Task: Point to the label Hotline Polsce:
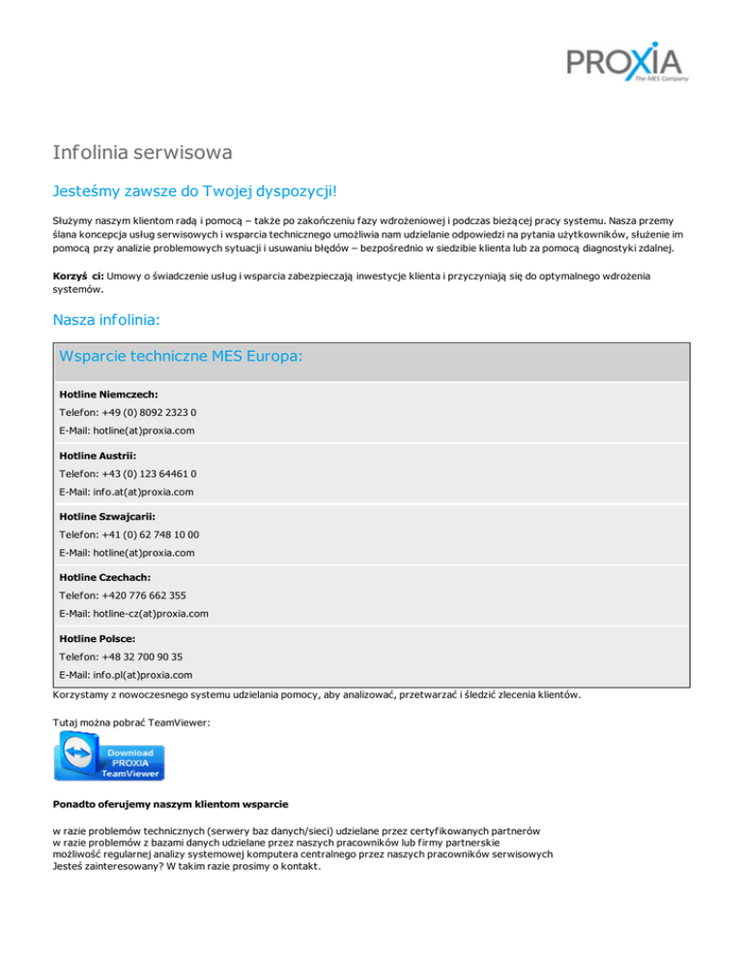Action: point(97,639)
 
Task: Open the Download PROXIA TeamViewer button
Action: point(110,756)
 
